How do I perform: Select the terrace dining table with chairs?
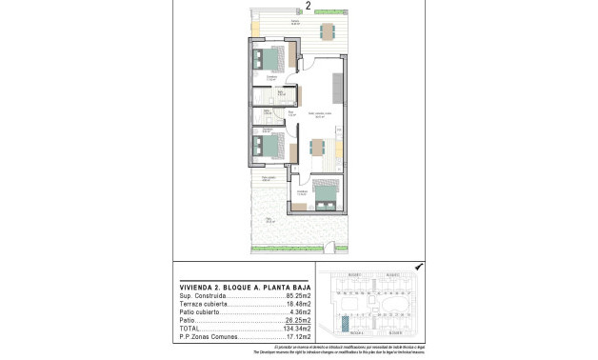[327, 31]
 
